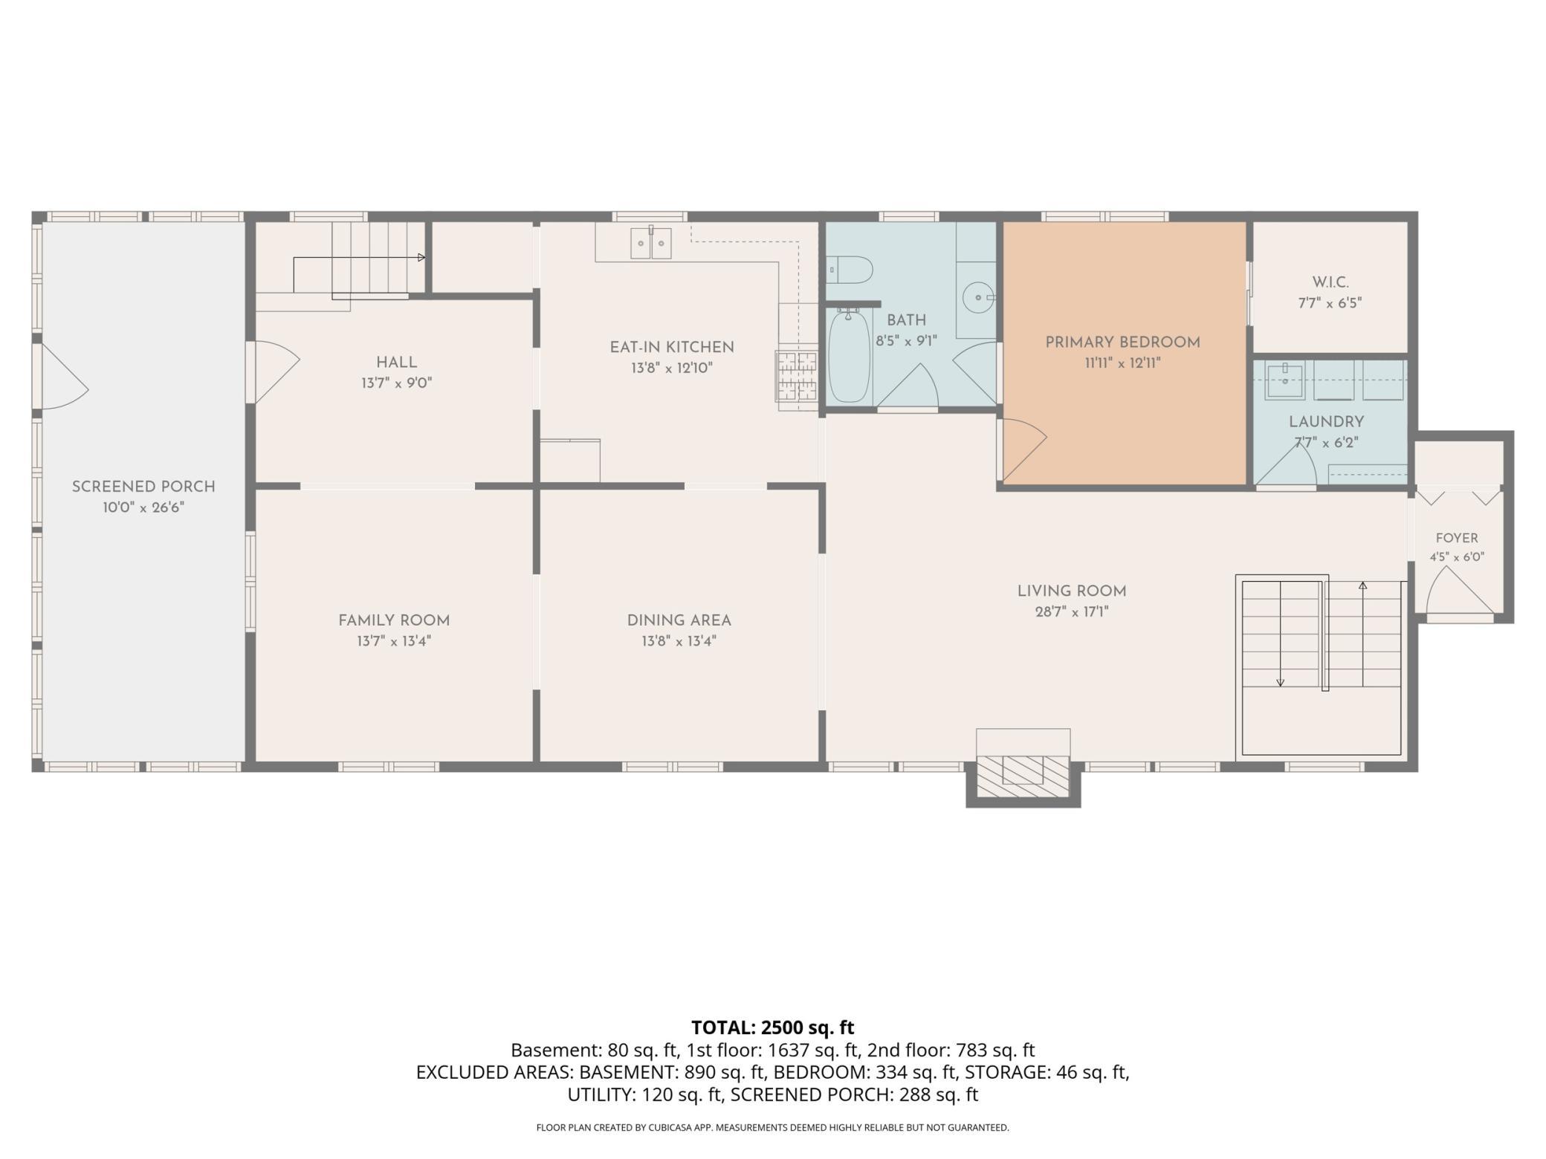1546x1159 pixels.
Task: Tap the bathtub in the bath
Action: click(849, 357)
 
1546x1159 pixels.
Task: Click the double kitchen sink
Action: click(651, 243)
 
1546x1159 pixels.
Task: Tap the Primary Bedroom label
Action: click(1122, 342)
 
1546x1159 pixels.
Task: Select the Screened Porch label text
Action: click(143, 487)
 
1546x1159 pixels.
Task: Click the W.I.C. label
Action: click(1330, 282)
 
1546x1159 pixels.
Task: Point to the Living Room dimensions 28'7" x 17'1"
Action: click(1072, 612)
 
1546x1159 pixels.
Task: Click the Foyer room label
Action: click(1457, 538)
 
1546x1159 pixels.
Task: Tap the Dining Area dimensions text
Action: click(679, 641)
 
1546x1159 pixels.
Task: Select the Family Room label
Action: click(394, 620)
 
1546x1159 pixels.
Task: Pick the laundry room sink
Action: click(1285, 380)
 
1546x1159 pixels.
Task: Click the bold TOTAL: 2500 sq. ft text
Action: click(773, 1027)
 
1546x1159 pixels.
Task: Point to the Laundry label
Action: click(1327, 422)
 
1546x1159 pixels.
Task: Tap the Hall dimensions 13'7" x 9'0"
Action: click(397, 383)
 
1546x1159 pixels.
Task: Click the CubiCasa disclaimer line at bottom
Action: click(773, 1128)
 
